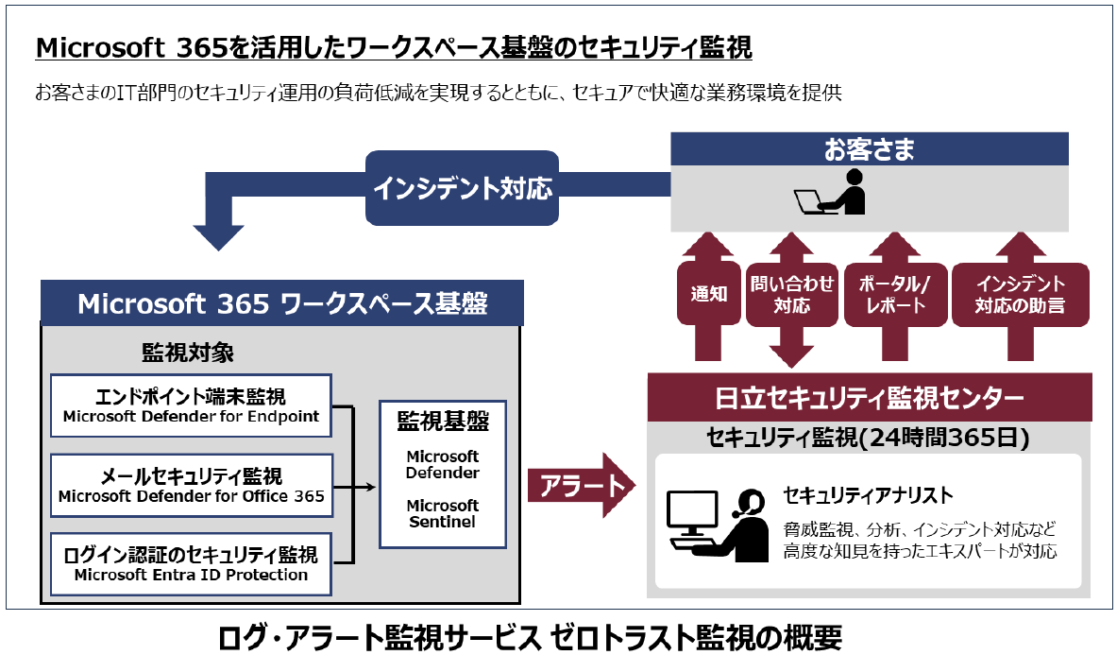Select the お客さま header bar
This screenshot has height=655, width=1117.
point(869,149)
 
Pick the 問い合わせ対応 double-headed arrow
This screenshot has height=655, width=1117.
point(779,295)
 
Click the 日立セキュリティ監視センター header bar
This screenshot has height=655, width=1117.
point(869,398)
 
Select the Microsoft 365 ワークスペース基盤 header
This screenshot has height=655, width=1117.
point(282,303)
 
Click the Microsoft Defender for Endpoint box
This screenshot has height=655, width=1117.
point(191,405)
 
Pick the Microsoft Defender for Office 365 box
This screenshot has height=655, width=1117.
point(191,486)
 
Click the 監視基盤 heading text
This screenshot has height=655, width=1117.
point(443,421)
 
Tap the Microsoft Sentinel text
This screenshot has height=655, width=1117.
point(443,512)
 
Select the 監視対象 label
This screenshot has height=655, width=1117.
point(188,353)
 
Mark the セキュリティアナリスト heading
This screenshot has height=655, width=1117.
point(868,494)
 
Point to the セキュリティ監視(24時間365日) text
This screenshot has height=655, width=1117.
point(868,438)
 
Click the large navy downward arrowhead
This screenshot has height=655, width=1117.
point(218,236)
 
